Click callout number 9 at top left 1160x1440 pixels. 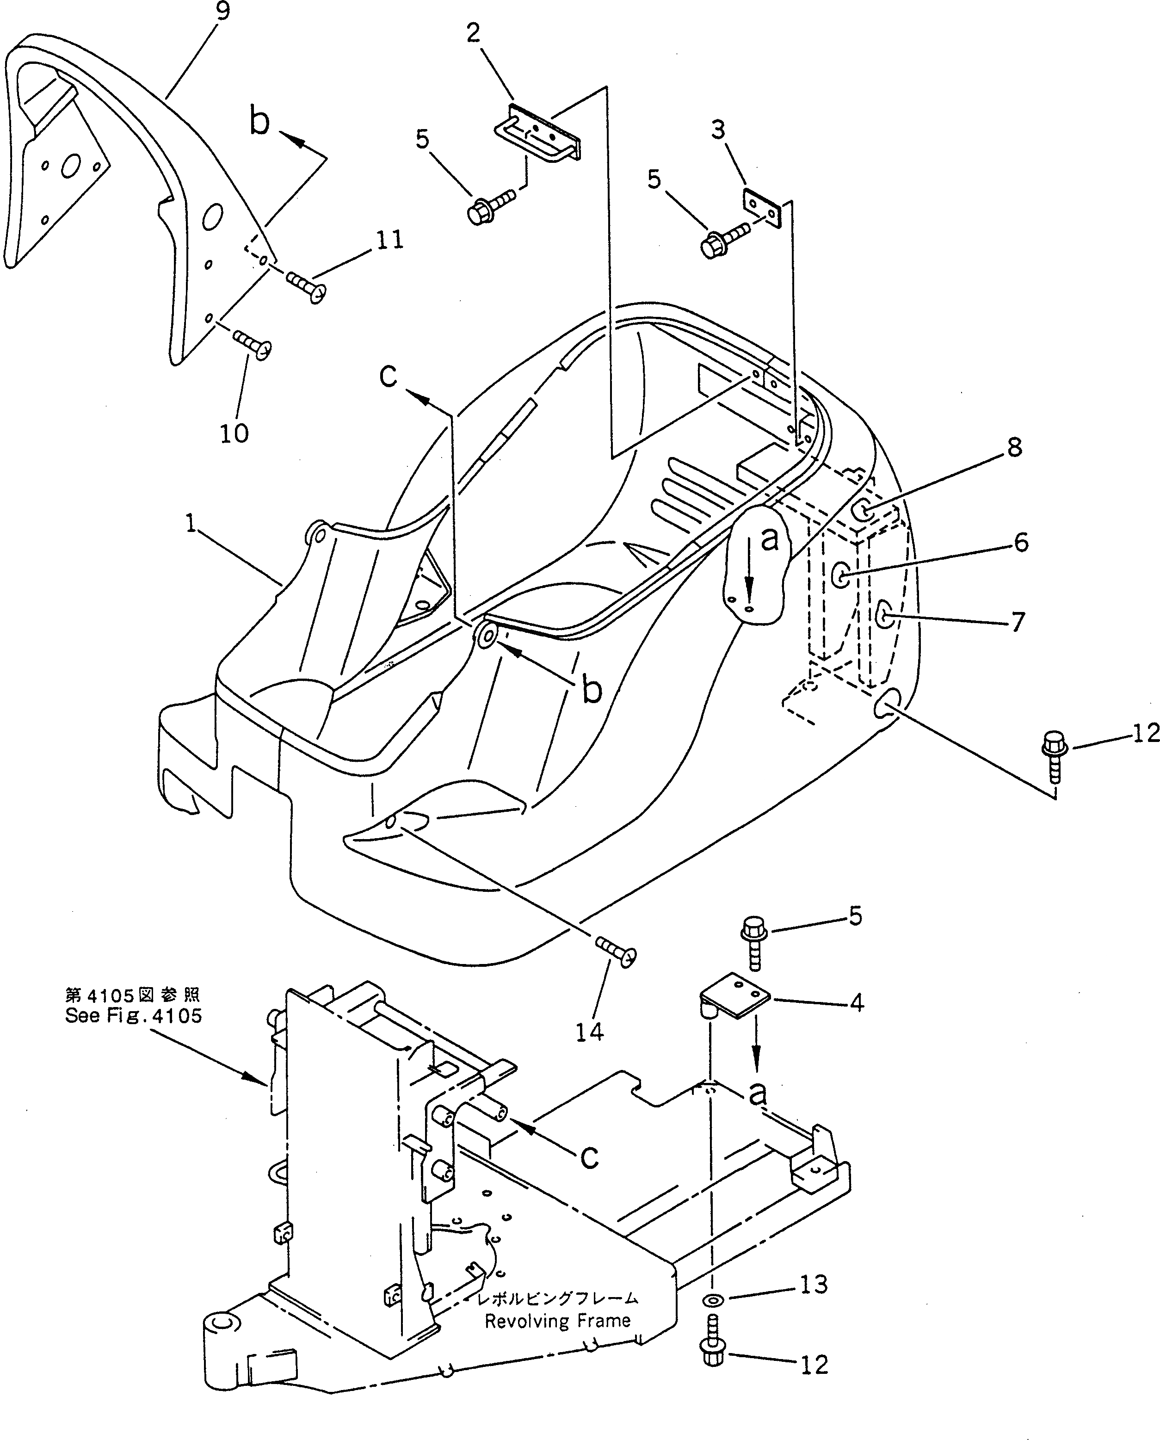tap(222, 12)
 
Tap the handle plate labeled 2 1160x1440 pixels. tap(538, 132)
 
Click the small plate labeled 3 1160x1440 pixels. tap(762, 208)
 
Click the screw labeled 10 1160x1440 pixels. tap(253, 344)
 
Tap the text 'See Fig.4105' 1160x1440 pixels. tap(133, 1016)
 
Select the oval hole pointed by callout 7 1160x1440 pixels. tap(885, 613)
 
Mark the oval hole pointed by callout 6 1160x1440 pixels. tap(842, 574)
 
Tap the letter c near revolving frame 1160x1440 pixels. tap(589, 1156)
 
